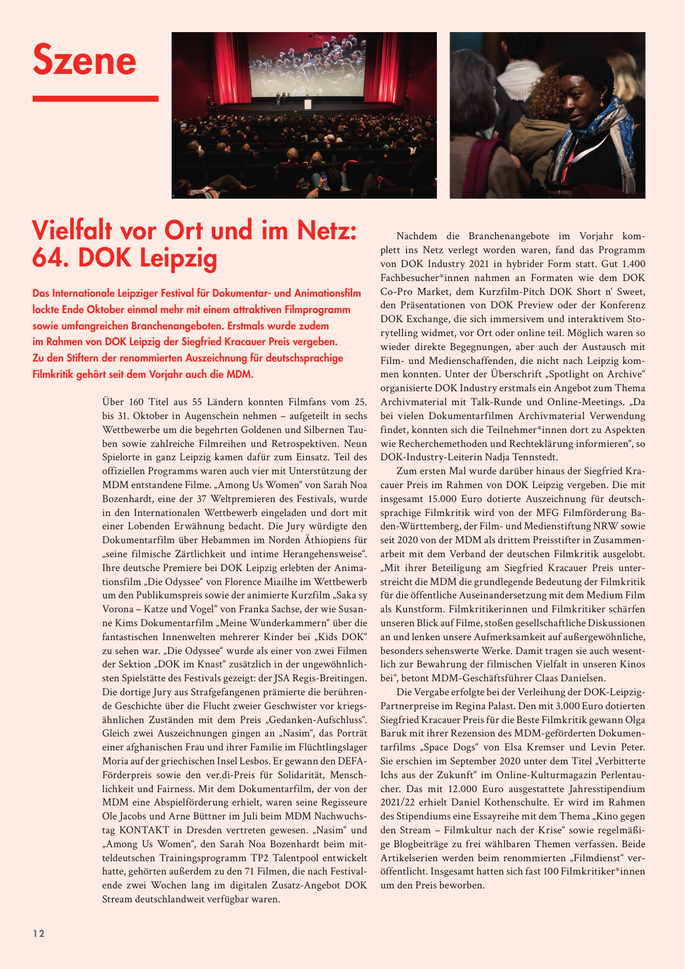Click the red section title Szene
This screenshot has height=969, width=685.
[x=85, y=60]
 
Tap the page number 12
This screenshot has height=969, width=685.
[x=39, y=933]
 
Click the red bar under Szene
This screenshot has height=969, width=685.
[x=95, y=98]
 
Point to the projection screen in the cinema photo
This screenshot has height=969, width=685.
[x=304, y=67]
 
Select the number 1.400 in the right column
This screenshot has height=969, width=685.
[x=632, y=264]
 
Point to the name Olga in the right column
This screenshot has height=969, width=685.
[x=634, y=719]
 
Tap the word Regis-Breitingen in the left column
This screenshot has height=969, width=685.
[x=329, y=678]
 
